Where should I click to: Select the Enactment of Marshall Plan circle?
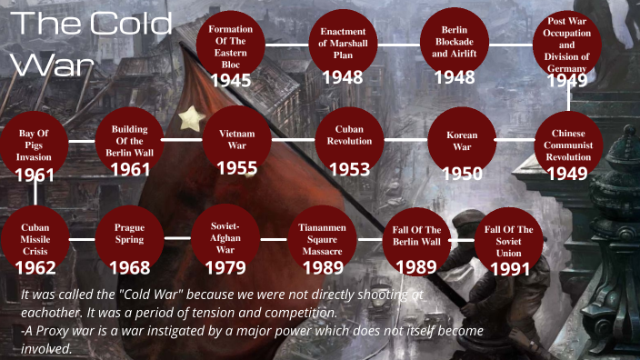(x=343, y=43)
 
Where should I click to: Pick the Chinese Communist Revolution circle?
(x=568, y=145)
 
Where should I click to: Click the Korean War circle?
(x=462, y=141)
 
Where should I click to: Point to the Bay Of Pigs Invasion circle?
(x=34, y=145)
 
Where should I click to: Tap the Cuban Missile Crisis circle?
(x=35, y=238)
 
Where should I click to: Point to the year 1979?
(x=225, y=268)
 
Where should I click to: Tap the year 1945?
(x=231, y=80)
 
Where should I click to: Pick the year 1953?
(x=349, y=169)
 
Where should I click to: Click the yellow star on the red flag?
(x=191, y=117)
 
